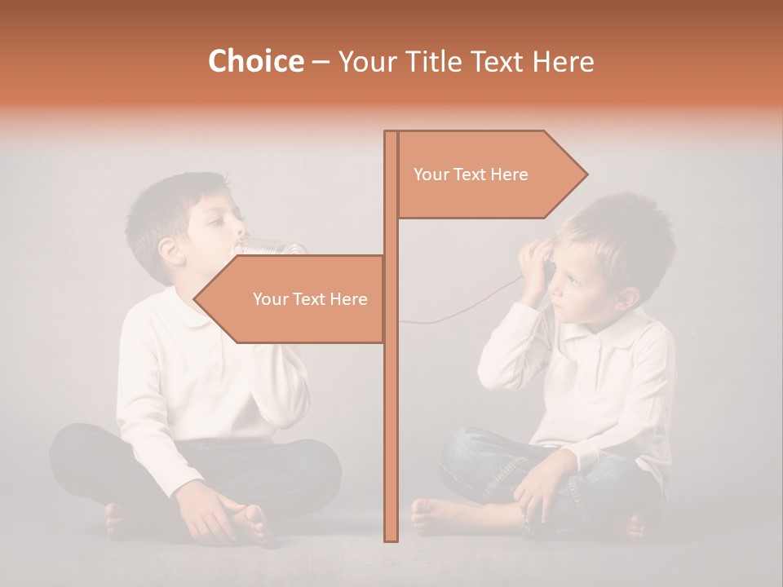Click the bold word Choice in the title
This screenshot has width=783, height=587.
tap(255, 61)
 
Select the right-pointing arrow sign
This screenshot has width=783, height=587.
tap(489, 174)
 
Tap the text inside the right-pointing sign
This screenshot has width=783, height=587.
tap(471, 174)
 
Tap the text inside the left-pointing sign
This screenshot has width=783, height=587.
tap(310, 299)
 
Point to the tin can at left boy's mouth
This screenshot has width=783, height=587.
tap(273, 246)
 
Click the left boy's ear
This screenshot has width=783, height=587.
tap(170, 249)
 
